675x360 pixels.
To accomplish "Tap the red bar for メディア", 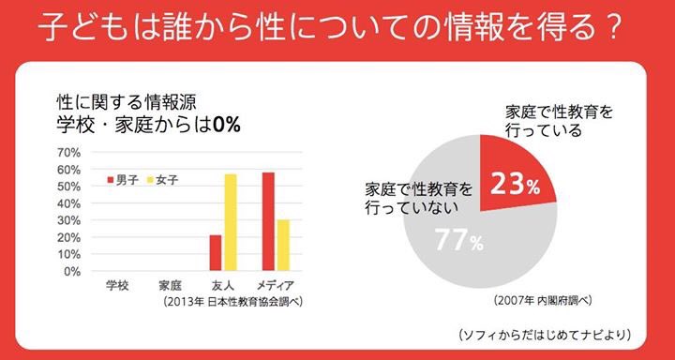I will [x=268, y=222].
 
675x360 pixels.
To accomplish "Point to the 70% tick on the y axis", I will [x=69, y=152].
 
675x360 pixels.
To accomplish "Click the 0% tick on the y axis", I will [x=73, y=272].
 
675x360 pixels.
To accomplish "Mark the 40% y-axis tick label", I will [x=69, y=203].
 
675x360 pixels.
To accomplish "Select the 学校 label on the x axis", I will [x=117, y=285].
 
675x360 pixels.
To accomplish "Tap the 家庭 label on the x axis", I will [x=170, y=285].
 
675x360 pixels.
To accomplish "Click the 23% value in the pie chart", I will [x=515, y=185].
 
